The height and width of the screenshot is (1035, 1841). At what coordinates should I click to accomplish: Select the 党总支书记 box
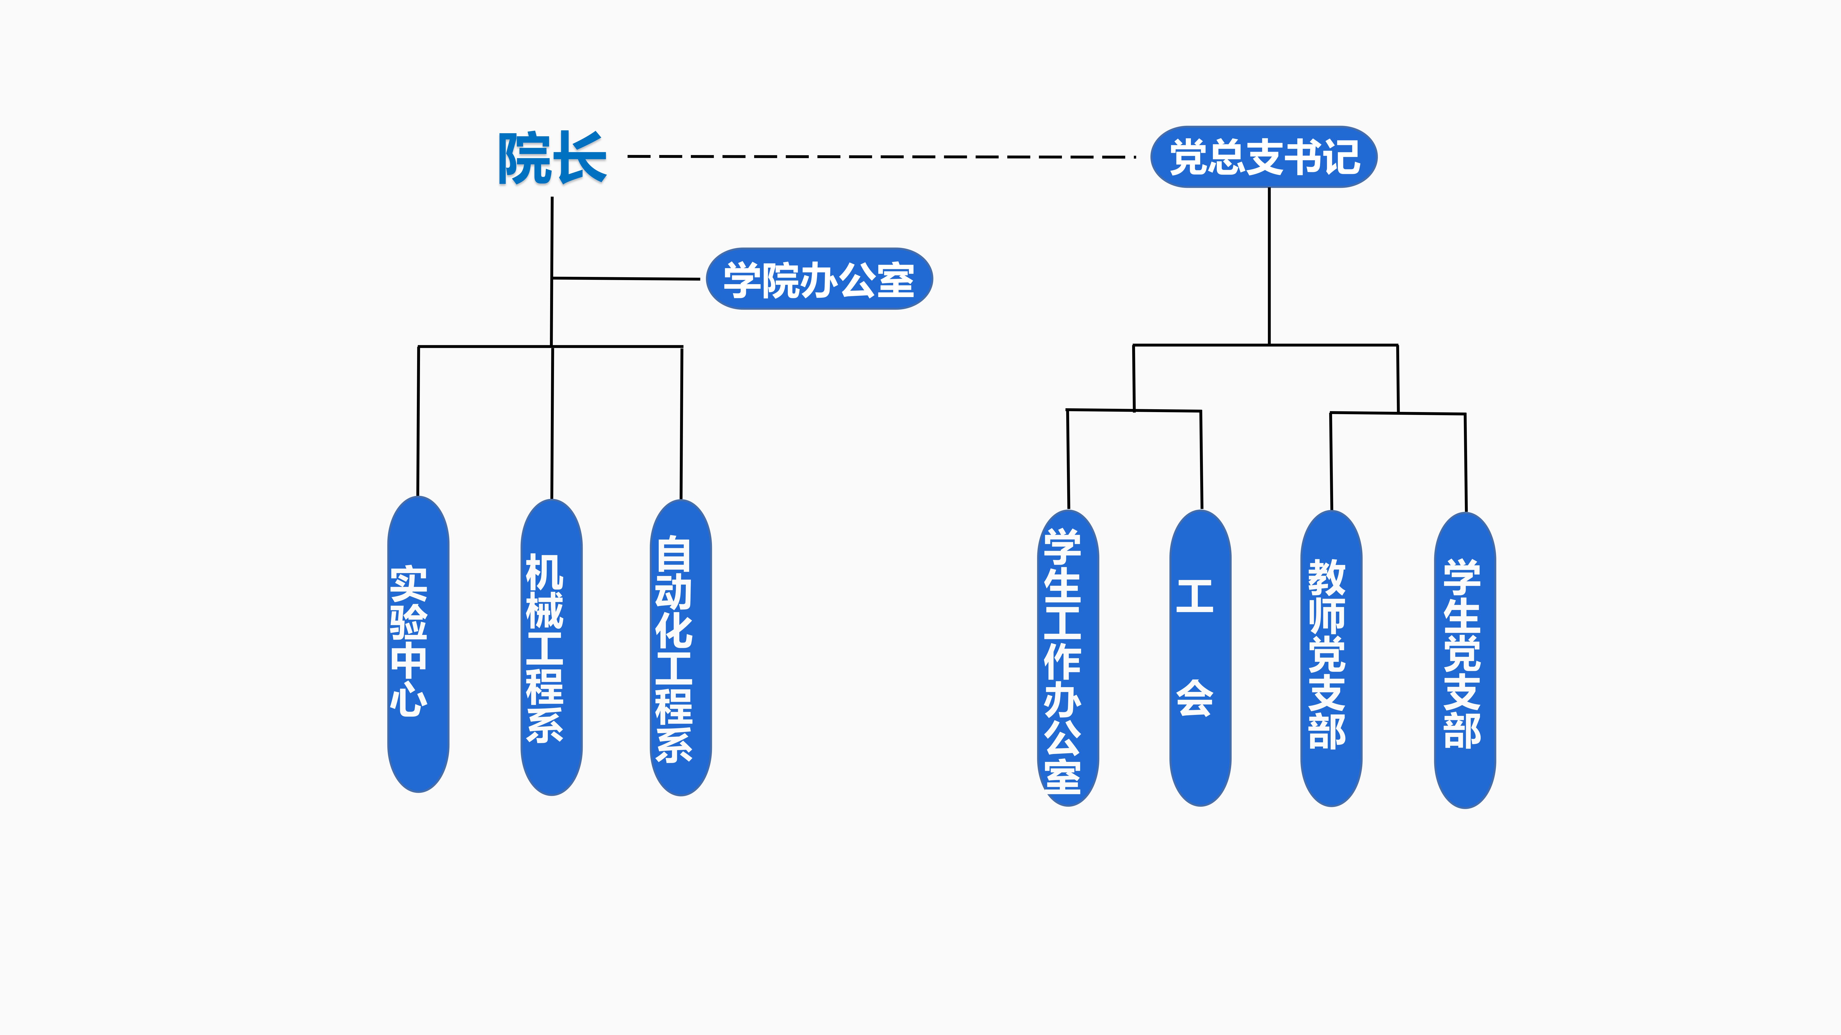coord(1264,157)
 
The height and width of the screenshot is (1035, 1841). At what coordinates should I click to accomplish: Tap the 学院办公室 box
coord(819,279)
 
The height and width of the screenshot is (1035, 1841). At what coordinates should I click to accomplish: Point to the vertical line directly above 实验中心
coord(418,421)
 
